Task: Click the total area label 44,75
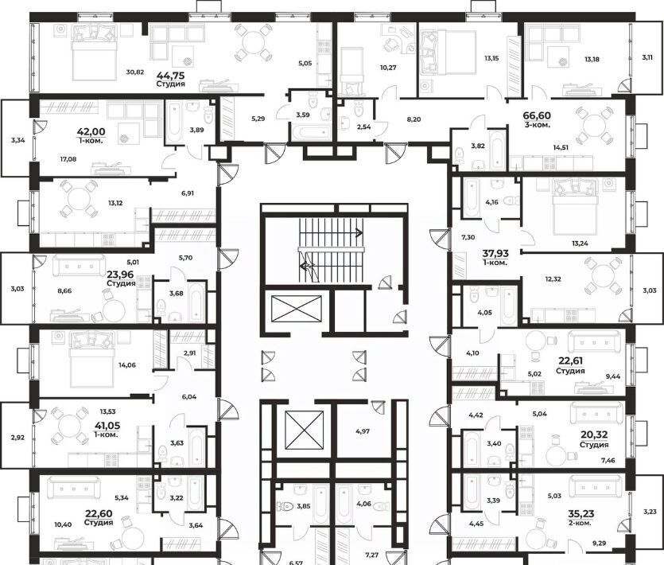pos(171,76)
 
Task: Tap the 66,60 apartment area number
pos(537,115)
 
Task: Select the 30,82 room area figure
pos(135,72)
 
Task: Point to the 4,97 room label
pos(363,431)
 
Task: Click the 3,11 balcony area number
pos(647,59)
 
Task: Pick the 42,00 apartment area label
pos(91,132)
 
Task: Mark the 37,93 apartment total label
pos(495,254)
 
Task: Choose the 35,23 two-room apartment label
pos(581,514)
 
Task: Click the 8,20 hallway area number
pos(414,119)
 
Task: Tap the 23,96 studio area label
pos(121,274)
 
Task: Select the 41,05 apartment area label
pos(106,426)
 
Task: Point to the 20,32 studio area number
pos(594,435)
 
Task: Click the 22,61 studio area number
pos(570,361)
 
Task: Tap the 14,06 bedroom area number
pos(127,365)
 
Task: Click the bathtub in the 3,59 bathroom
pos(310,131)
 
